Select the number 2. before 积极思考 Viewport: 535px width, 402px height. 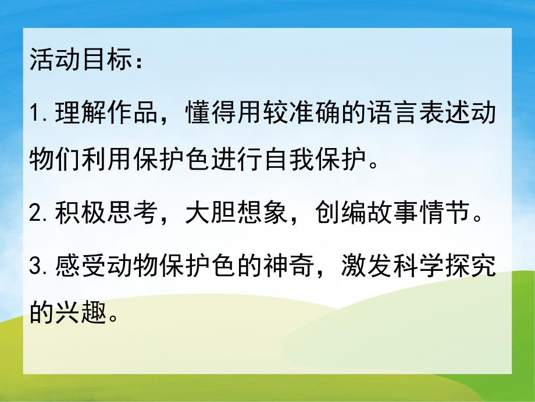[x=40, y=215]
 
